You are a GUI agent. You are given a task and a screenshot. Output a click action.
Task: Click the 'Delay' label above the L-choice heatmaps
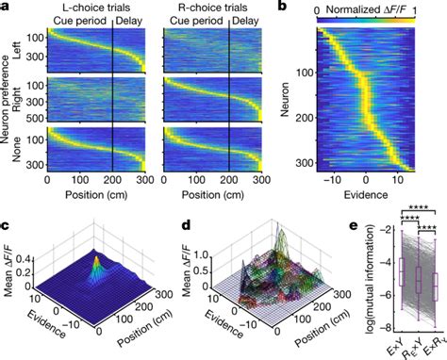(x=131, y=19)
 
